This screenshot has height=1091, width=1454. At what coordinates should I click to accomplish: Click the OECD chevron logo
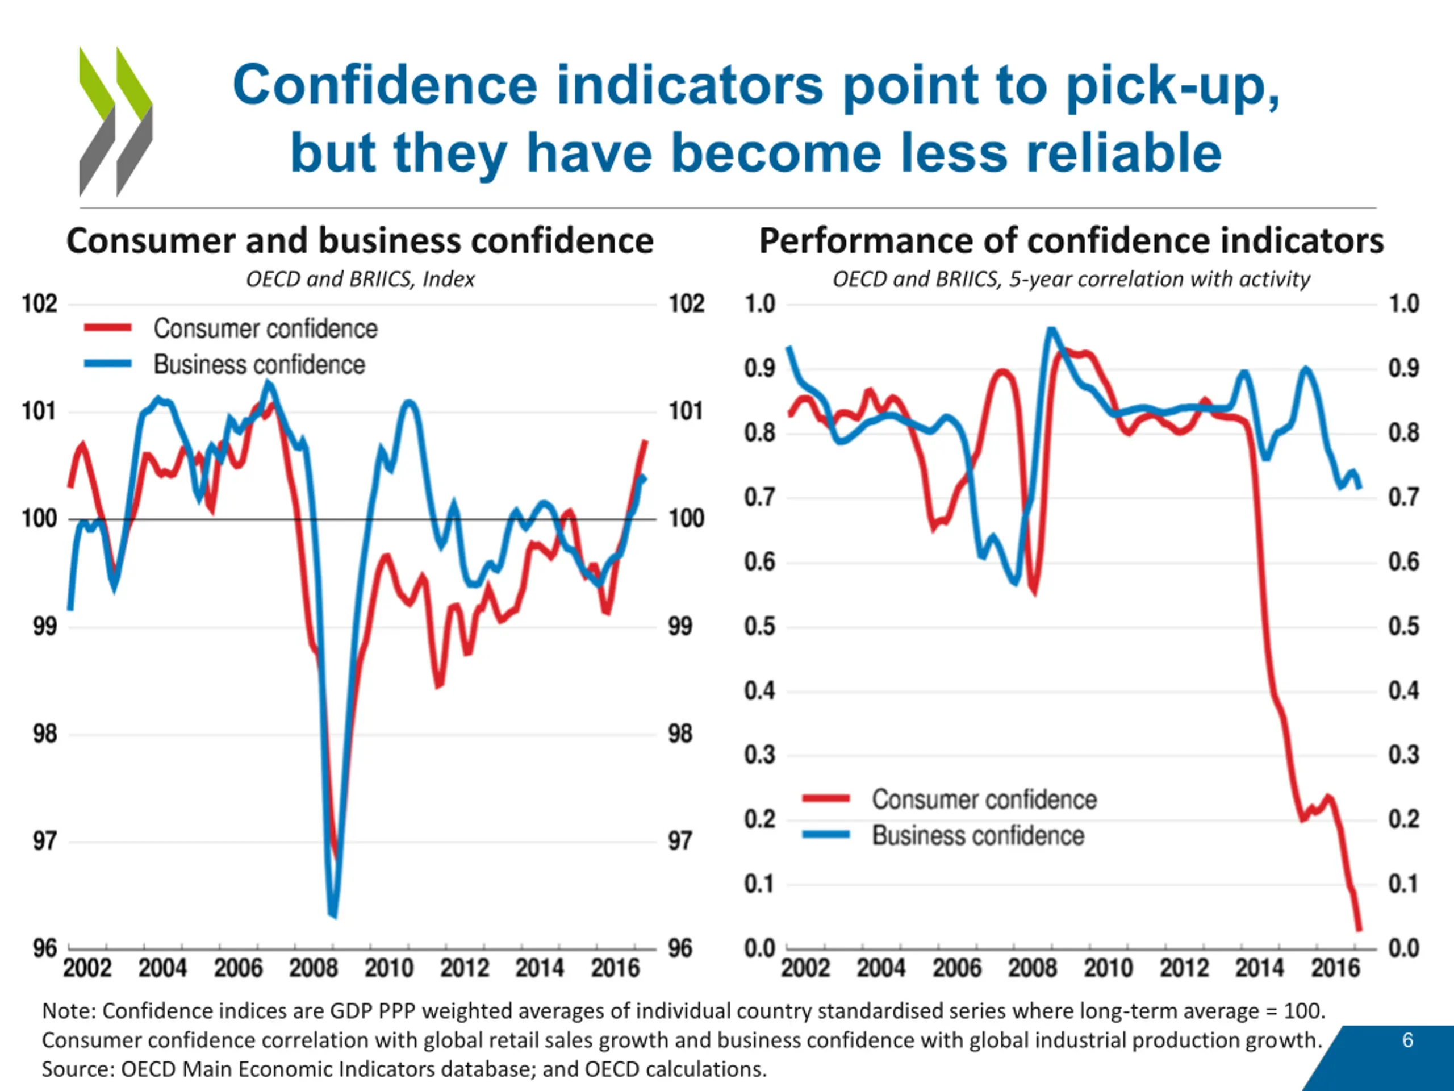click(x=116, y=122)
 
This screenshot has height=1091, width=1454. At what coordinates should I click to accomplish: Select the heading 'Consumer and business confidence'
click(x=360, y=241)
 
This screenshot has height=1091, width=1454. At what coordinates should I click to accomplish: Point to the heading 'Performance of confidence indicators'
click(x=1071, y=241)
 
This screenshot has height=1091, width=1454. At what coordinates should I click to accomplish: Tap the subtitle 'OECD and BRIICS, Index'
click(x=360, y=280)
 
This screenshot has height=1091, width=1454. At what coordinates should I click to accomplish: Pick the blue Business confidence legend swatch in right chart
click(x=826, y=835)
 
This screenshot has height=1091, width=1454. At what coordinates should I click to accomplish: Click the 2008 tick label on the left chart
click(x=314, y=968)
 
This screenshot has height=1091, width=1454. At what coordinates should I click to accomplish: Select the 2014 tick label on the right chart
click(x=1259, y=968)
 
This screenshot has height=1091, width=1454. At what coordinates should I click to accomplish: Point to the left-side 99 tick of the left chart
click(x=45, y=626)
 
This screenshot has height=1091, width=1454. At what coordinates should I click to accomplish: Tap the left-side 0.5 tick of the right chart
click(x=760, y=626)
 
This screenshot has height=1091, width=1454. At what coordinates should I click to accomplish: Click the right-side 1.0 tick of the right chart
click(x=1404, y=304)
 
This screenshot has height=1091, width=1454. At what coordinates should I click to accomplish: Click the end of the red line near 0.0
click(x=1359, y=930)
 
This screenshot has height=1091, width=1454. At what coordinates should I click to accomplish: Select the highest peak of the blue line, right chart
click(x=1050, y=329)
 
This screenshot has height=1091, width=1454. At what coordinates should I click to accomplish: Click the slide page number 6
click(x=1407, y=1040)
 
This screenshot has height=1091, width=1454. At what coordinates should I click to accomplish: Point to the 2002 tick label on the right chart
click(x=805, y=968)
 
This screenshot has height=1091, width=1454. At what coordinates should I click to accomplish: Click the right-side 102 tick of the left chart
click(x=686, y=304)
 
